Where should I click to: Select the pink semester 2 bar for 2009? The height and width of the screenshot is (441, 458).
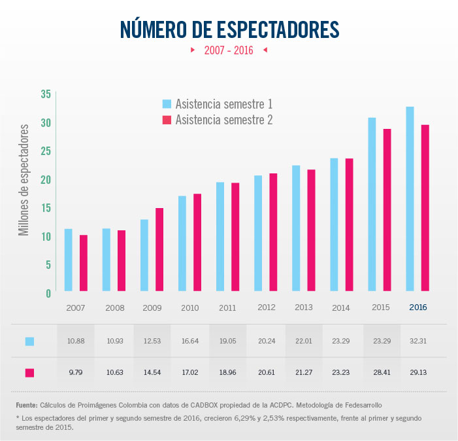pos(159,249)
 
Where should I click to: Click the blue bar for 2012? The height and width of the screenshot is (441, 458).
pos(258,233)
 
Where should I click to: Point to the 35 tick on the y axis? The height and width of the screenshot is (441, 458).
pos(45,94)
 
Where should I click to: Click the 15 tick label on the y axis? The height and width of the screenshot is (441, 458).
pos(45,207)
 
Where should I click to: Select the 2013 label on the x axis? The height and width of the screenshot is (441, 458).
pos(304,308)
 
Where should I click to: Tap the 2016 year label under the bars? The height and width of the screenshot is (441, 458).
pos(417,307)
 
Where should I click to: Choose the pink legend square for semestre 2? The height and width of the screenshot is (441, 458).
pos(167,120)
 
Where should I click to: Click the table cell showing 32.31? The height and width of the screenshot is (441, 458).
pos(418,341)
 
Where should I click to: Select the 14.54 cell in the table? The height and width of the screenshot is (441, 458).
pos(152,372)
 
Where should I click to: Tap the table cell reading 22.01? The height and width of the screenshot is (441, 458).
pos(304,341)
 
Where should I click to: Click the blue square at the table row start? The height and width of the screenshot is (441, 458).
pos(29,341)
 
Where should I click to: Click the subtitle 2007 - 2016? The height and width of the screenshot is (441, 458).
pos(229,50)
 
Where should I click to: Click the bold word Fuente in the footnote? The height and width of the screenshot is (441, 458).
pos(27,406)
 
